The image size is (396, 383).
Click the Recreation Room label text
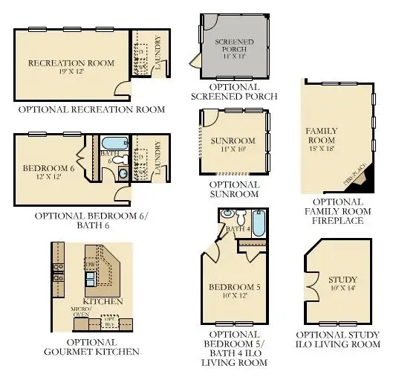pyautogui.click(x=71, y=63)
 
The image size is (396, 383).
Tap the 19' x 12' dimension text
pyautogui.click(x=71, y=73)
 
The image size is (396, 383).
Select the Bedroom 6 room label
pyautogui.click(x=49, y=168)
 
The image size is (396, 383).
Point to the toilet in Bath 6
pyautogui.click(x=123, y=173)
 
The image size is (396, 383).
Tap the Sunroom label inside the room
pyautogui.click(x=233, y=141)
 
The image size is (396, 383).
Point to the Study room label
pyautogui.click(x=343, y=280)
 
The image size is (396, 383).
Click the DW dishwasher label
pyautogui.click(x=91, y=263)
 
